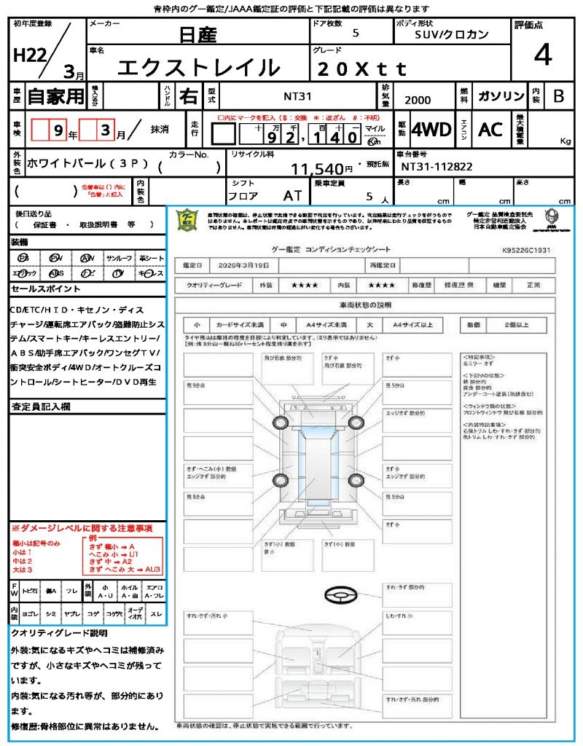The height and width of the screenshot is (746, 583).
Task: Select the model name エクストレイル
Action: pos(199,67)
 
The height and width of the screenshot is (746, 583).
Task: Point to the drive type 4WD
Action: pos(431,130)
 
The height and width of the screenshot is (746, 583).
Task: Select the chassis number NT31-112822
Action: pos(437,167)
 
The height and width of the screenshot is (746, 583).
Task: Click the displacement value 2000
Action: pos(418,101)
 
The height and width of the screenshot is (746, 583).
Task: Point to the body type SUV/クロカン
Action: pos(451,34)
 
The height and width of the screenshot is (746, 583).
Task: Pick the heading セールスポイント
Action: pos(39,289)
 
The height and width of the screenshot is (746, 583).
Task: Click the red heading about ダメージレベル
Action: pos(82,527)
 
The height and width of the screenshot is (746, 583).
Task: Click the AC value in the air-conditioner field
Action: pos(490,130)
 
